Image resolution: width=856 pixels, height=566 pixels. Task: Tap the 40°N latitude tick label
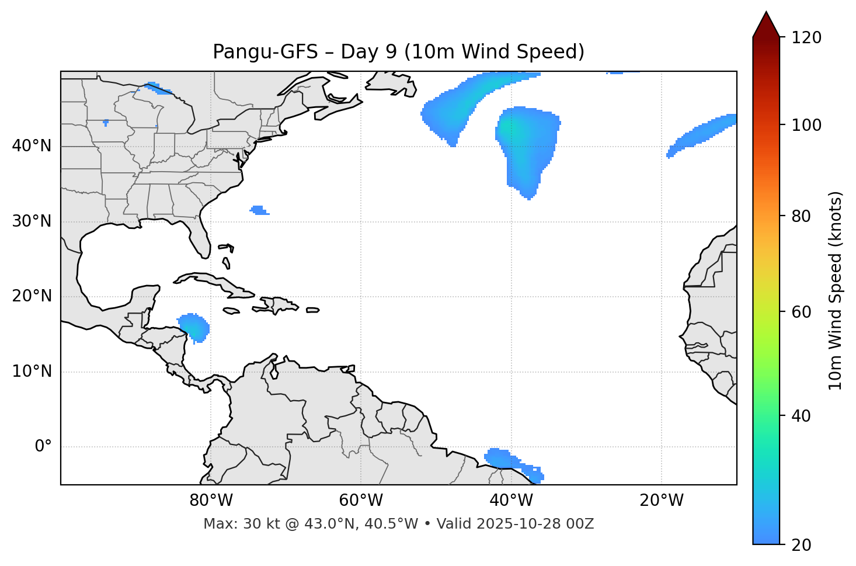[32, 146]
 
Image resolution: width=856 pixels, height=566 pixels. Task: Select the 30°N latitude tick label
[32, 221]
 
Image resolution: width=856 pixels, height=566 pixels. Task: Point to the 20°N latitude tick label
[32, 296]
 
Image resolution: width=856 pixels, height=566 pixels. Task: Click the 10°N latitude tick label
[32, 371]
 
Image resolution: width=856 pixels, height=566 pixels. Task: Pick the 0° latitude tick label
[43, 447]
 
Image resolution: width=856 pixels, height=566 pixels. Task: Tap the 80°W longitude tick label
[211, 501]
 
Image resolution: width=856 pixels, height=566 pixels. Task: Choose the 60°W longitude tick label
[361, 501]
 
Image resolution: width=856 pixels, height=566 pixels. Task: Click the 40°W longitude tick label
[511, 501]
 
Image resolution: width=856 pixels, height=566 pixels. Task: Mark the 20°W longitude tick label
[661, 501]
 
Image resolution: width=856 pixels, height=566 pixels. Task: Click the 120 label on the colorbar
[806, 37]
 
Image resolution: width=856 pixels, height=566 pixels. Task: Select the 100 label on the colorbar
[806, 125]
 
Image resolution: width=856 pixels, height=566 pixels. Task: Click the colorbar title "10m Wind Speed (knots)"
[836, 290]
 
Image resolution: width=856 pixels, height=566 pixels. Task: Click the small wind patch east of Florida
[259, 210]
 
